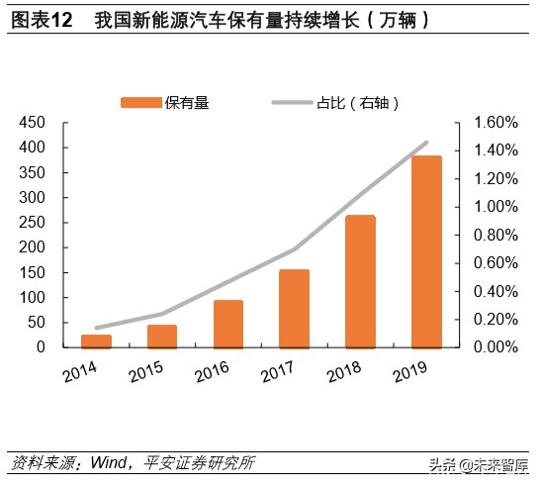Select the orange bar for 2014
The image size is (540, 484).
point(96,340)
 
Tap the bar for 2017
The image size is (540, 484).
point(294,308)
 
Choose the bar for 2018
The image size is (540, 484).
point(359,281)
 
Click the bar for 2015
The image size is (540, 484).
point(162,336)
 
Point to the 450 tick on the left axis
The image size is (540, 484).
point(33,123)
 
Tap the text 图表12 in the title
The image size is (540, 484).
point(41,19)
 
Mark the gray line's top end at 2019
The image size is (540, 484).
point(426,143)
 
